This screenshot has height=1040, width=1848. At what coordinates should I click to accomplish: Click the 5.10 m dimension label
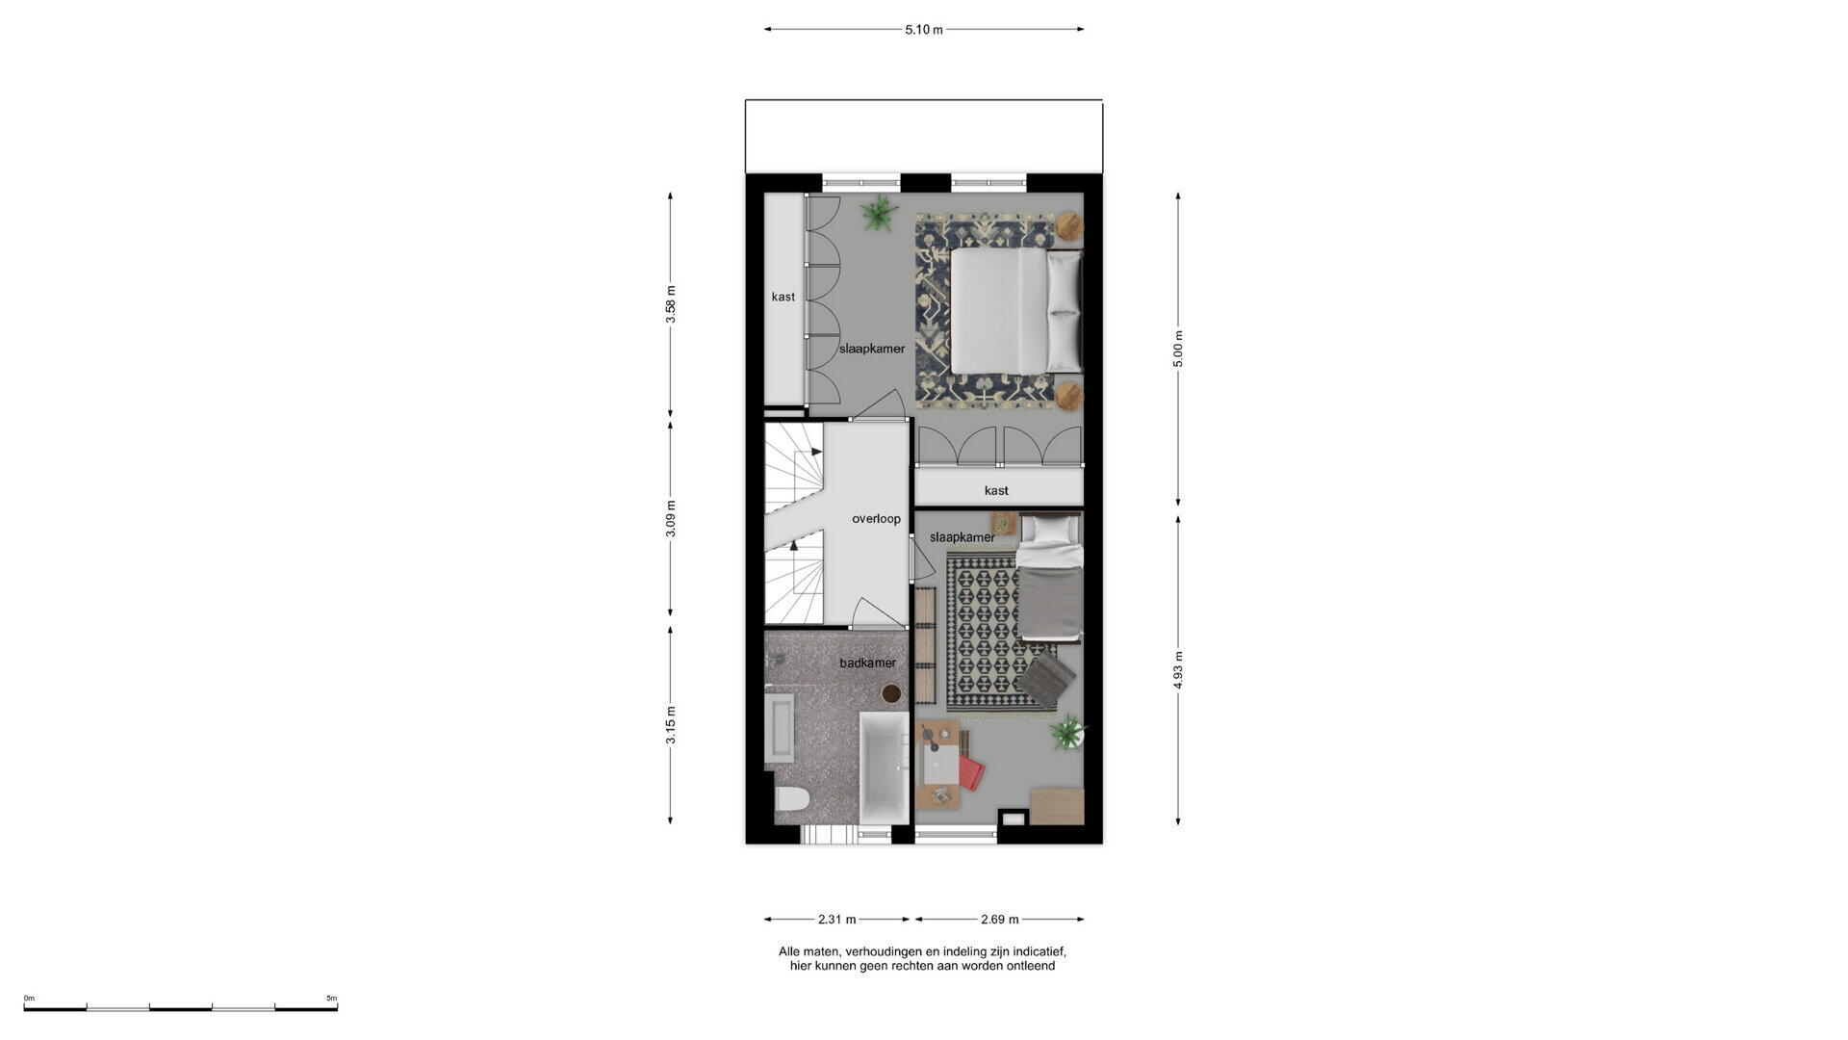923,30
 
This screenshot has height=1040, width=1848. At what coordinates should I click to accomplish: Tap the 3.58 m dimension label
671,304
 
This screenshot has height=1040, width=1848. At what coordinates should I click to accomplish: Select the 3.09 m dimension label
671,518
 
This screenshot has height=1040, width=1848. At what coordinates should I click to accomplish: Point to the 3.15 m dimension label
671,725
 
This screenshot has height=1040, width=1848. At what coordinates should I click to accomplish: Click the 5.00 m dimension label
1178,349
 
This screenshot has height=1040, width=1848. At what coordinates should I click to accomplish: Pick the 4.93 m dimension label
1178,669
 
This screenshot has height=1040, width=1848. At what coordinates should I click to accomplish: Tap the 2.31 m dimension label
837,920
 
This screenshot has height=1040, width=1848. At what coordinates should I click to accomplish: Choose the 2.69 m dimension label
1000,920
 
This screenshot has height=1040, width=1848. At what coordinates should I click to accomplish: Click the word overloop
876,519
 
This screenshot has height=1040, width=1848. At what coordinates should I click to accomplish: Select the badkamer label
867,663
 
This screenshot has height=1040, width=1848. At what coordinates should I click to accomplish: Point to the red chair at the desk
970,772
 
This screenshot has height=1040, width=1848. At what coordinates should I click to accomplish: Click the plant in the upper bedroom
879,213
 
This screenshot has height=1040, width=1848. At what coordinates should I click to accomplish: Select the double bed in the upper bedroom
1015,310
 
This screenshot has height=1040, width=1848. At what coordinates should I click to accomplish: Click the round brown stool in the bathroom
891,693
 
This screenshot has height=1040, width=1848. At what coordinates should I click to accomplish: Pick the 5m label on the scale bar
331,999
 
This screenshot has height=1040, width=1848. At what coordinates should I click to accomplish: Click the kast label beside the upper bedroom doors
783,298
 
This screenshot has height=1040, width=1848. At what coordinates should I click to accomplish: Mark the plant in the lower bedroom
1066,735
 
